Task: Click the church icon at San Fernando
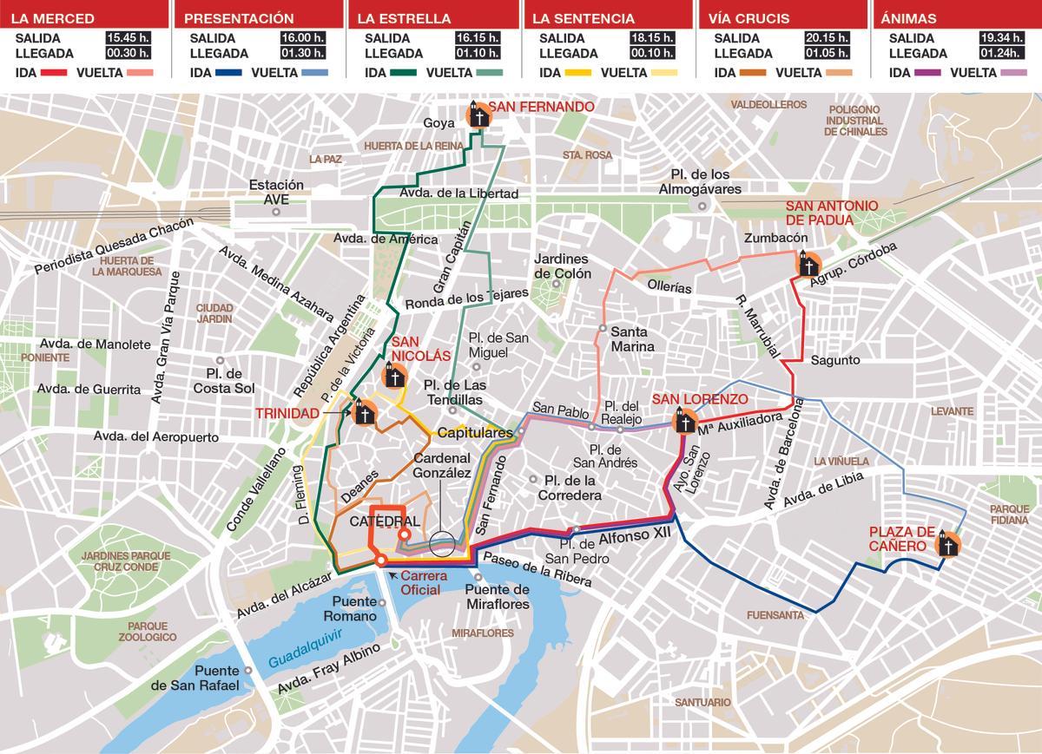click(477, 115)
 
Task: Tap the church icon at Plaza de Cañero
click(947, 544)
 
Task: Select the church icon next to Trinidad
click(362, 413)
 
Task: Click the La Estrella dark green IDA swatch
click(404, 73)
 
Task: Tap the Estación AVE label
click(276, 192)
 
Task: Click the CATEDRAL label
click(384, 521)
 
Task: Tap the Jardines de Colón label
click(562, 266)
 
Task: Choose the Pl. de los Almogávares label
click(700, 181)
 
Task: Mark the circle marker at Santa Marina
click(601, 329)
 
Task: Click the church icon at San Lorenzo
click(685, 423)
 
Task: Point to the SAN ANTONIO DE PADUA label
click(831, 213)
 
